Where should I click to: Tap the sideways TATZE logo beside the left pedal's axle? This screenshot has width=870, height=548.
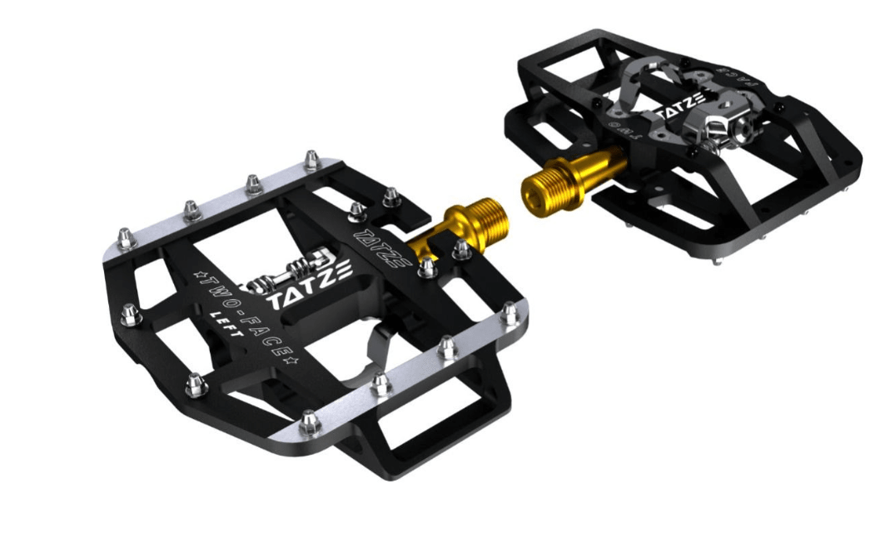pos(382,247)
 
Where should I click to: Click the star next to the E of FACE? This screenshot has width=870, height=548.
pos(291,361)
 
